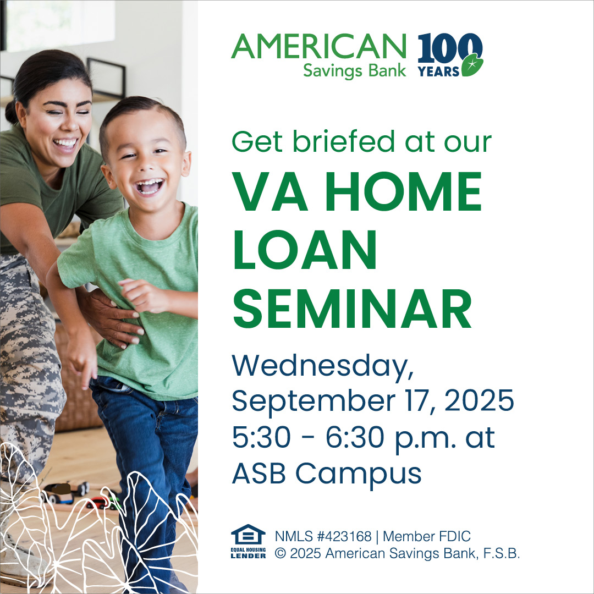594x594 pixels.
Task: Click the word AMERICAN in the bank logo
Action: pos(318,46)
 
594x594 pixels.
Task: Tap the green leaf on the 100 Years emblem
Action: pos(472,65)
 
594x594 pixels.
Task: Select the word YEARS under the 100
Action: pos(439,71)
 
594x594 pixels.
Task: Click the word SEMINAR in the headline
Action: pos(353,309)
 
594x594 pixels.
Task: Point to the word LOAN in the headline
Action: pos(305,250)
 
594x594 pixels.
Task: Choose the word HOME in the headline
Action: pos(404,191)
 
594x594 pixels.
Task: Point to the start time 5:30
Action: pos(261,437)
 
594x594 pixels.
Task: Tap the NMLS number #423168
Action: pos(344,536)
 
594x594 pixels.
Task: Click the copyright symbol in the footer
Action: pos(280,553)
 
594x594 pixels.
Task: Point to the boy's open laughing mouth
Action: pos(150,186)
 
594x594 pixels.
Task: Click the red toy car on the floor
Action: pos(98,503)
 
